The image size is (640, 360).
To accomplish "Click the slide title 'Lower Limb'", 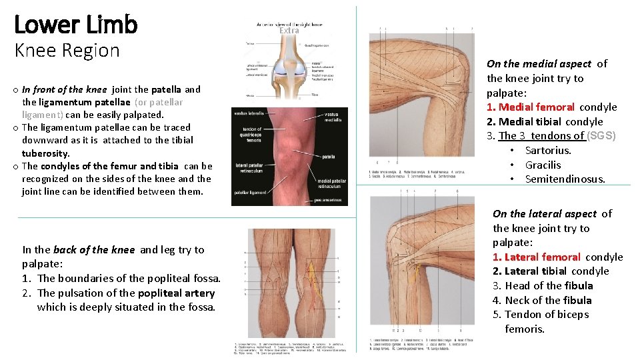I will click(x=75, y=25).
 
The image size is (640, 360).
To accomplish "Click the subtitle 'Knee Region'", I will click(x=67, y=50).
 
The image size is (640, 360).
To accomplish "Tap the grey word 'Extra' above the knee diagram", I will click(x=289, y=31).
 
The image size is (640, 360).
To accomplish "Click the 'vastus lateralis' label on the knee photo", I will click(x=249, y=114).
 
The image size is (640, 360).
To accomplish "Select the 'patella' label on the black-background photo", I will click(x=329, y=157).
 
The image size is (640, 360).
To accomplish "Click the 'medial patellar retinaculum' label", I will click(x=332, y=184).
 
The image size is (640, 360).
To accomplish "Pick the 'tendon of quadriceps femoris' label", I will click(x=251, y=135).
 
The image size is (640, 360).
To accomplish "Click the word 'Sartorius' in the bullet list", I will click(x=547, y=151).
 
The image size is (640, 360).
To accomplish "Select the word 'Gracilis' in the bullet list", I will click(x=543, y=165).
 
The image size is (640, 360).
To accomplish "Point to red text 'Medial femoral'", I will click(x=536, y=107).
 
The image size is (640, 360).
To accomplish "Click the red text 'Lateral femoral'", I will click(x=542, y=257).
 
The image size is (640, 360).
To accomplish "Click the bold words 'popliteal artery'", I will click(x=176, y=293).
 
